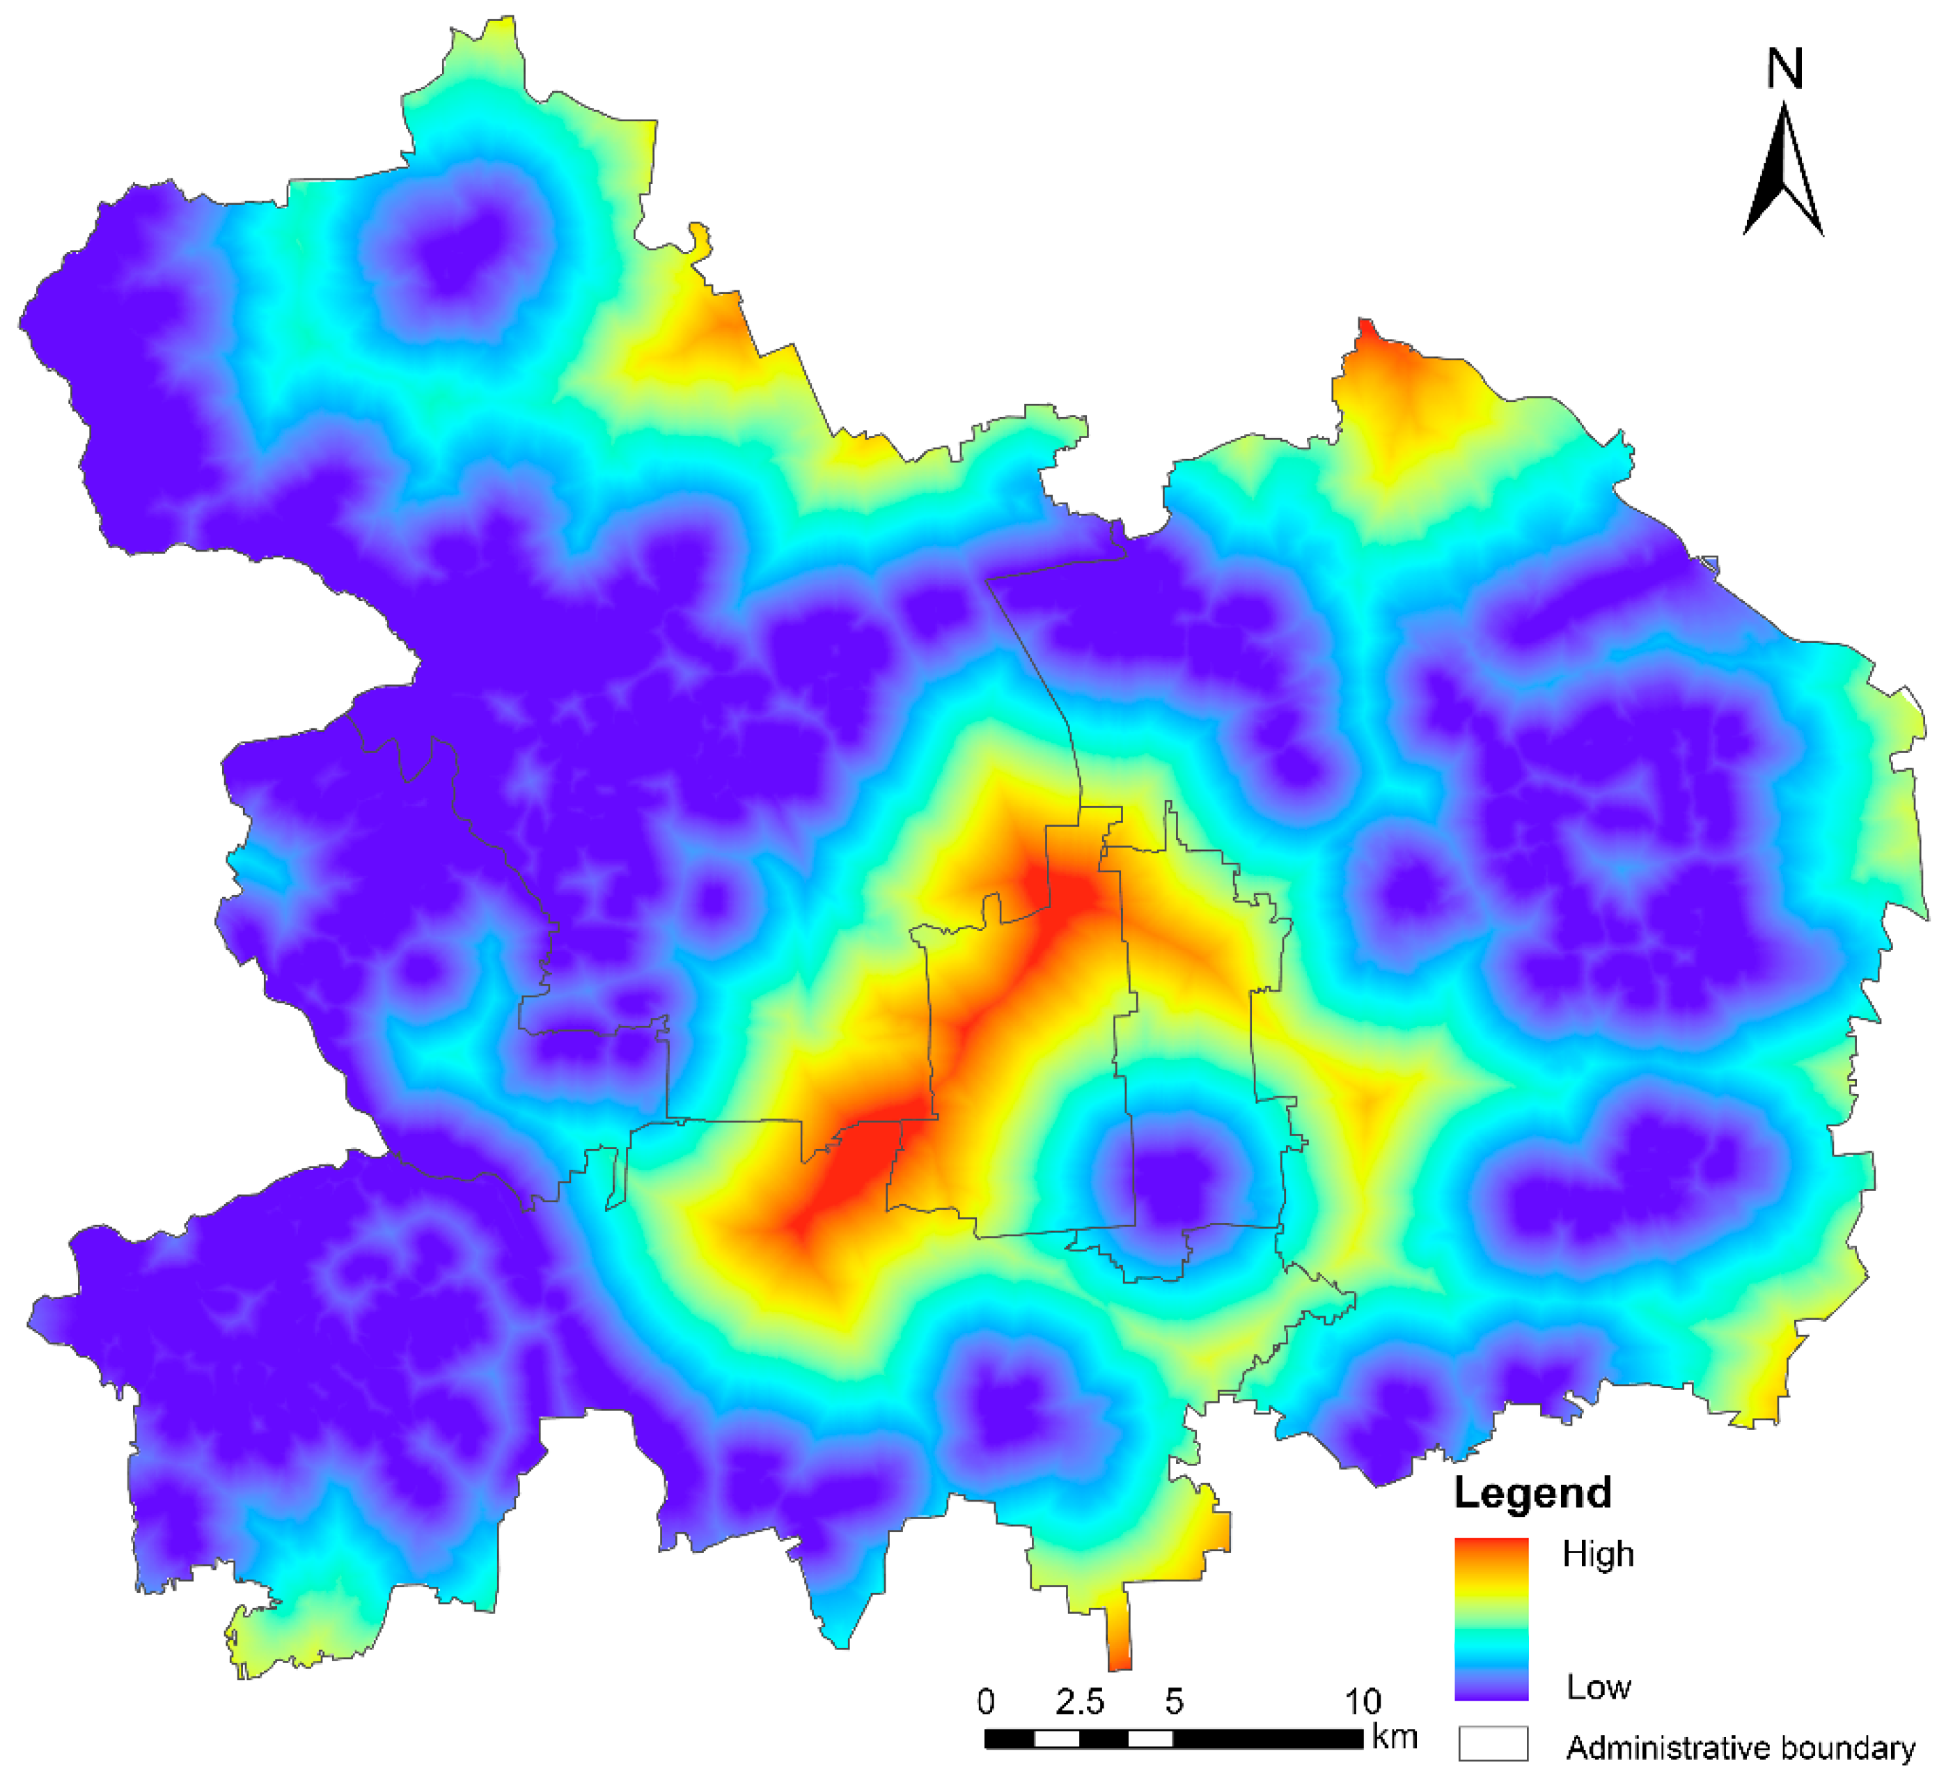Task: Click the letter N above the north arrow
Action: pos(1784,70)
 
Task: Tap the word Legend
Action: pos(1532,1492)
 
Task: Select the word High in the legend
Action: pos(1599,1554)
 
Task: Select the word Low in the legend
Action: pos(1599,1687)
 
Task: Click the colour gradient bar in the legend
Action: pos(1491,1619)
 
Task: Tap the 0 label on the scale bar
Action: pos(985,1701)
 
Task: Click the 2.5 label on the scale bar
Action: pos(1080,1701)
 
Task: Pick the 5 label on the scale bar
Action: pos(1173,1701)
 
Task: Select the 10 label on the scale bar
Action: pos(1362,1701)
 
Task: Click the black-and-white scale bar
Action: pos(1173,1738)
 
